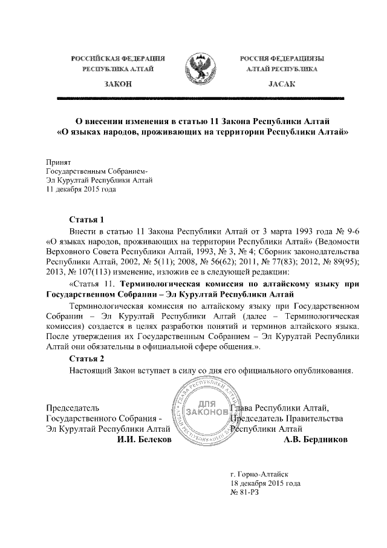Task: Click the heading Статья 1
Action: [88, 219]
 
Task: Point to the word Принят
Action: [59, 162]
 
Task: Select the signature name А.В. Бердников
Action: [316, 439]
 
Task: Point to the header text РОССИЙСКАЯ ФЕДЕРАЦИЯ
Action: [119, 59]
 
